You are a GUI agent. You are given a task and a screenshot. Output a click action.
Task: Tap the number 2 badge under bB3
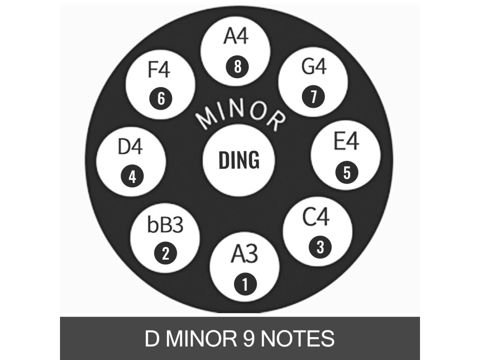(165, 254)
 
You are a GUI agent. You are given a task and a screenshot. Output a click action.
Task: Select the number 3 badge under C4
(320, 247)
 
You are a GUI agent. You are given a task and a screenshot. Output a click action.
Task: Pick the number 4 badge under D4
(132, 177)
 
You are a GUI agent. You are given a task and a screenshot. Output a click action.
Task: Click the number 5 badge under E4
(347, 172)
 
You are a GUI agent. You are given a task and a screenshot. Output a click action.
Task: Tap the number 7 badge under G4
(313, 97)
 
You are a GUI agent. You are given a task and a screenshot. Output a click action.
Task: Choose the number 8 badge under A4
(237, 67)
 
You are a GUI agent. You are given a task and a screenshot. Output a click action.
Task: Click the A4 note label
(235, 37)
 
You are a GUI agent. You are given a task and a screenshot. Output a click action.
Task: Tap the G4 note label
(314, 67)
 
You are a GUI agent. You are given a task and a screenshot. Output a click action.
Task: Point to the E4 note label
(346, 142)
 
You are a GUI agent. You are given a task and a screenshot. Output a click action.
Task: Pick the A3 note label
(244, 255)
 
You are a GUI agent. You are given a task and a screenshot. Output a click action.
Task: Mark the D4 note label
(130, 147)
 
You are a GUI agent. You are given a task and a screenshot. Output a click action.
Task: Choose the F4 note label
(159, 70)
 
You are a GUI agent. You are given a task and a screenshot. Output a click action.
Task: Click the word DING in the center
(239, 160)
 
